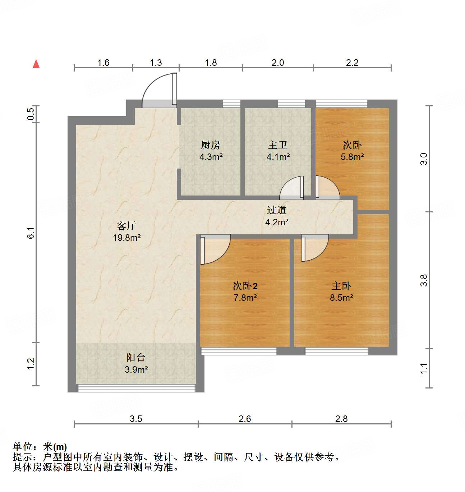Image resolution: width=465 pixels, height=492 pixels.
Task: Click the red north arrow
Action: [x=36, y=64]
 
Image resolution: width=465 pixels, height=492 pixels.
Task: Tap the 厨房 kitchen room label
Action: [x=210, y=145]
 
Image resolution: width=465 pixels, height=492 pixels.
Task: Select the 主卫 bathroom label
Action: [x=277, y=145]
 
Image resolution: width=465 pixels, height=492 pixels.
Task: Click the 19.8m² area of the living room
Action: [x=126, y=238]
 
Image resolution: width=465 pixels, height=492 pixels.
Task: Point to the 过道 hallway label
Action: [x=276, y=210]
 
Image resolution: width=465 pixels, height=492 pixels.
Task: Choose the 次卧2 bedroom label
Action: [x=245, y=286]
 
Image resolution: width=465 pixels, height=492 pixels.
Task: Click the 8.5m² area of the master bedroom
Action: [x=341, y=298]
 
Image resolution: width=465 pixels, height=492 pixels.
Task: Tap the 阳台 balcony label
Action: [x=136, y=358]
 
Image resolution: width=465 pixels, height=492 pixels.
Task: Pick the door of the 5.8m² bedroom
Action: [x=327, y=188]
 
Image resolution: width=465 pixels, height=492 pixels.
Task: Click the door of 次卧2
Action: [x=215, y=249]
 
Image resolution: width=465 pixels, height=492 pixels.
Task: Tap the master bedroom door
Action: [x=315, y=247]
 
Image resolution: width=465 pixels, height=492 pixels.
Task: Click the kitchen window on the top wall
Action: [x=231, y=104]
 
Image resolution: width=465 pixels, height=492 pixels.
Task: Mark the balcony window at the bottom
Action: [x=137, y=388]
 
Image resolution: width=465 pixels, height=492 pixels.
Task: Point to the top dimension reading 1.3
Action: [x=156, y=63]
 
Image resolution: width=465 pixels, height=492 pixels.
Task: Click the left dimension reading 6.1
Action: [x=31, y=233]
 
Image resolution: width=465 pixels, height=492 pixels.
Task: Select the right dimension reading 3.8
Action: [x=424, y=280]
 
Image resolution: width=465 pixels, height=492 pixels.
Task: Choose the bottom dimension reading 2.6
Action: [x=245, y=419]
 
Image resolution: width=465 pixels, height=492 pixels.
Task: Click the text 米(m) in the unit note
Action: [x=55, y=447]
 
